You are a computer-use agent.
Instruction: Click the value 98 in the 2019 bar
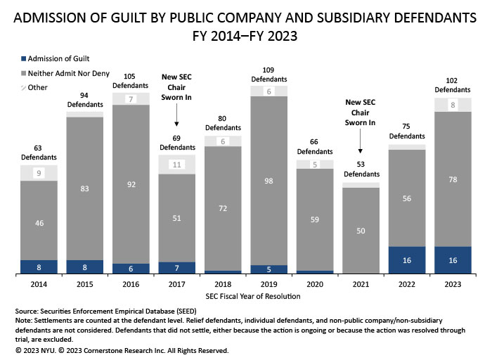[x=268, y=180]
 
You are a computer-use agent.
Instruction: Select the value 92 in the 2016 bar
[x=131, y=184]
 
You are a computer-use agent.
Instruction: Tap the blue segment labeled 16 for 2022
[x=406, y=260]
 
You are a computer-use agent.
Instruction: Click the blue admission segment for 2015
[x=84, y=266]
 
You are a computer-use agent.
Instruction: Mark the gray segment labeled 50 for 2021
[x=361, y=231]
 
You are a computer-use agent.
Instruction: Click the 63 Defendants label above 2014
[x=38, y=153]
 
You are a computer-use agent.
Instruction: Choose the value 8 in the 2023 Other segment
[x=452, y=105]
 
